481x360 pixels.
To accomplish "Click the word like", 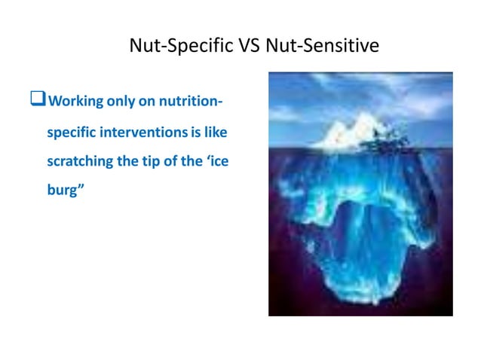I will pos(216,133).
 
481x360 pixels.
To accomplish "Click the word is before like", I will pos(197,133).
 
